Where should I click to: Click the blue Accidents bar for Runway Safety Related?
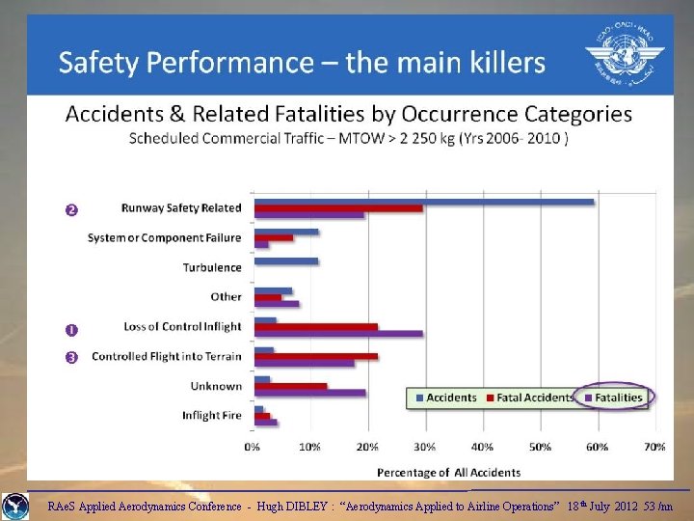pyautogui.click(x=424, y=202)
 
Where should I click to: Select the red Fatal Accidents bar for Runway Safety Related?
pyautogui.click(x=338, y=208)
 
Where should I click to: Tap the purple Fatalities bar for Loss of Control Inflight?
pyautogui.click(x=338, y=334)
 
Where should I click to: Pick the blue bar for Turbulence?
pyautogui.click(x=285, y=260)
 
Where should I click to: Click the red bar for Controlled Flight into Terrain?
pyautogui.click(x=315, y=357)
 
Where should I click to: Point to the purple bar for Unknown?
pyautogui.click(x=309, y=393)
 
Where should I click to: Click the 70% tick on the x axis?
pyautogui.click(x=654, y=448)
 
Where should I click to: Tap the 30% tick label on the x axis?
pyautogui.click(x=424, y=448)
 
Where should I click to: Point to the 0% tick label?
pyautogui.click(x=253, y=448)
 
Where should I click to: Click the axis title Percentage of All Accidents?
pyautogui.click(x=448, y=472)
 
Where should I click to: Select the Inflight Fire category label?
pyautogui.click(x=212, y=416)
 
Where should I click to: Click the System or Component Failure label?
pyautogui.click(x=165, y=237)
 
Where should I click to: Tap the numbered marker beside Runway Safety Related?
pyautogui.click(x=70, y=210)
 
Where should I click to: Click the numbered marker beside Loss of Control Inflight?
pyautogui.click(x=70, y=330)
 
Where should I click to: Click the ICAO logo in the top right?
pyautogui.click(x=624, y=55)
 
